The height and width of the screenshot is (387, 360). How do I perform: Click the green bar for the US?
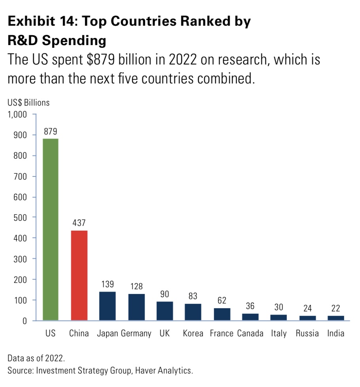(x=51, y=230)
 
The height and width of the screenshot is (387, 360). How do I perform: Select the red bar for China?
(x=79, y=275)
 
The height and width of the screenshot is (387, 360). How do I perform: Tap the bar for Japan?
(x=108, y=306)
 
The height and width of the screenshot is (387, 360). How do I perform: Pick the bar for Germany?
(x=136, y=307)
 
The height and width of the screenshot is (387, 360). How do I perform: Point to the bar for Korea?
(x=193, y=312)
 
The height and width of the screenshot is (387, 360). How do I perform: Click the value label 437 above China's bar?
(x=79, y=222)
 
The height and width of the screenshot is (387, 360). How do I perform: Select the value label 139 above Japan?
(x=108, y=284)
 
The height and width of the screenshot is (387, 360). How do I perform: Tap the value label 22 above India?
(x=336, y=308)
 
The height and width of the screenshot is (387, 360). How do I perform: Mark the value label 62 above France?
(x=222, y=300)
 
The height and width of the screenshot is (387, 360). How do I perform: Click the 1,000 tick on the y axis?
(x=17, y=115)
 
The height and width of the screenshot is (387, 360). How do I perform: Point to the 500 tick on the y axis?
(x=20, y=218)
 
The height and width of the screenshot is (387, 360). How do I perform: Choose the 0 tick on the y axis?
(x=24, y=321)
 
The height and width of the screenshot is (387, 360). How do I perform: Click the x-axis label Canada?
(x=250, y=333)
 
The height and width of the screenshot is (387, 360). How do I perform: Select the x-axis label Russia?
(x=307, y=333)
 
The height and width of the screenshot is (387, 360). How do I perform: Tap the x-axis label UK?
(x=165, y=333)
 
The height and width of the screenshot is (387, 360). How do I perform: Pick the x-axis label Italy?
(x=279, y=333)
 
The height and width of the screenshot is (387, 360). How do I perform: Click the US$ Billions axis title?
(x=28, y=102)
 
